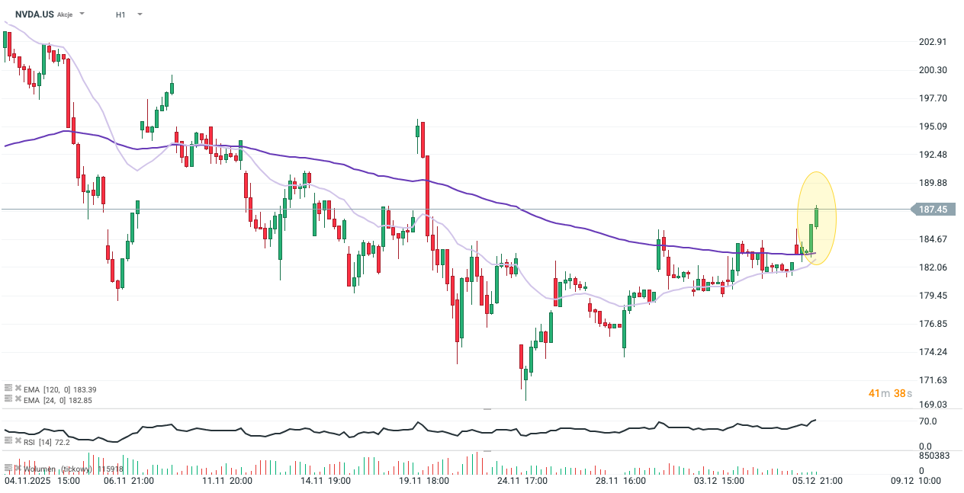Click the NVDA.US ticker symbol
[34, 14]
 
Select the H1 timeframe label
[120, 14]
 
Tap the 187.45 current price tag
[933, 210]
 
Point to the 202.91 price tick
[933, 42]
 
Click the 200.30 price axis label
[933, 70]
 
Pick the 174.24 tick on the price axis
[933, 352]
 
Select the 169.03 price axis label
[933, 405]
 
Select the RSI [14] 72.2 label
[47, 441]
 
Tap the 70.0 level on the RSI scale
[928, 421]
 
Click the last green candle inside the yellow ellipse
[817, 217]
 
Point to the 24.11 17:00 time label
[522, 481]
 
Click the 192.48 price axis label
[933, 155]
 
